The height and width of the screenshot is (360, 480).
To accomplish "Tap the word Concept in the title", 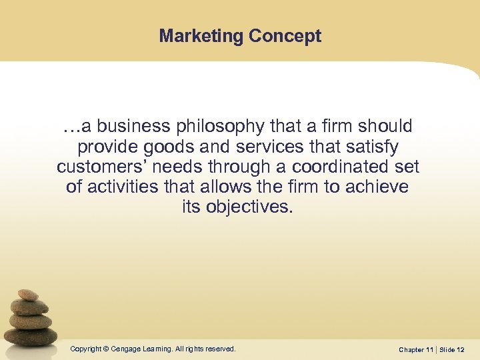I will (x=286, y=36).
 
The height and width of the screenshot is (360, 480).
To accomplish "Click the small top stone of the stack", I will (x=27, y=295).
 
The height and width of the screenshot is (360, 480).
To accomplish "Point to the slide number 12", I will (x=461, y=349).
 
